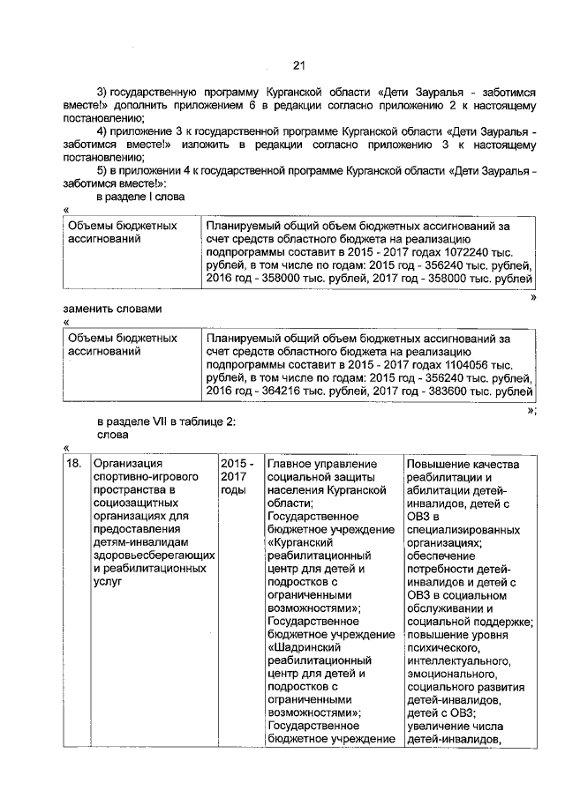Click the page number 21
298,64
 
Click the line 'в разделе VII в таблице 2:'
166,421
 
